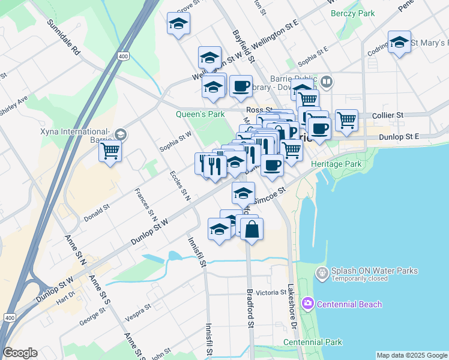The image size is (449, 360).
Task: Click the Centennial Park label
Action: pyautogui.click(x=313, y=342)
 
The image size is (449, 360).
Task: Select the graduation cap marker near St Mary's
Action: pyautogui.click(x=399, y=42)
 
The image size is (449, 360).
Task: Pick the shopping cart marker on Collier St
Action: pyautogui.click(x=347, y=120)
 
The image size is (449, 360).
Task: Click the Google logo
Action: pyautogui.click(x=20, y=353)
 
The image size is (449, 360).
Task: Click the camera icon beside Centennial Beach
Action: pyautogui.click(x=308, y=304)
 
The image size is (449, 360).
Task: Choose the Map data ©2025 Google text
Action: pyautogui.click(x=411, y=355)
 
